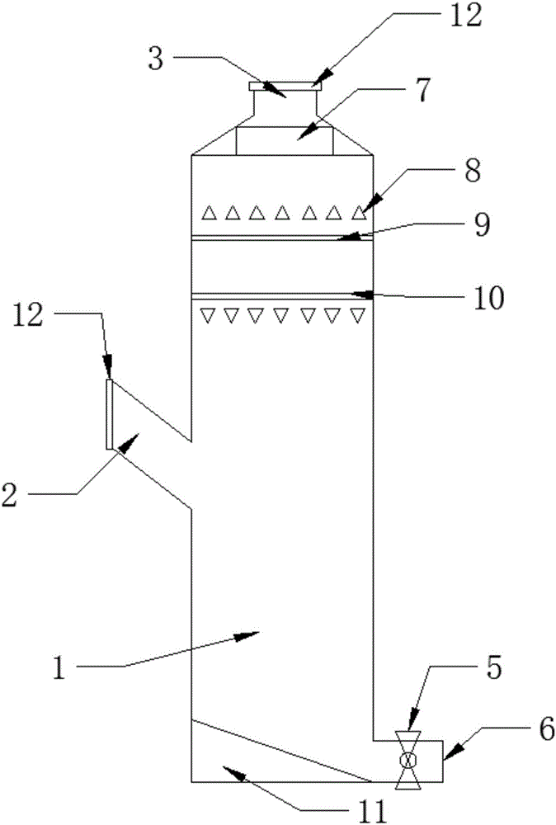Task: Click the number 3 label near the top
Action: pos(156,59)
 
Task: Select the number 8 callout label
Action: pos(473,171)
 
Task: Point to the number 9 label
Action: pos(482,226)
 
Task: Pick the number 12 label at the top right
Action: pos(465,15)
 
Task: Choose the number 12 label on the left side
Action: pos(27,316)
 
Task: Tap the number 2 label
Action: pos(9,494)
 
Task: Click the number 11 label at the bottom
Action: pos(371,811)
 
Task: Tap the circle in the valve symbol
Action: pos(408,760)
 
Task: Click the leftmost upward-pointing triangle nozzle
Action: pos(210,213)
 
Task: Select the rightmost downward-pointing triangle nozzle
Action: pos(358,315)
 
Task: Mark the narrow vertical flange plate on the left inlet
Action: pos(110,414)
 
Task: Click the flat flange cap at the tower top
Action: pos(284,86)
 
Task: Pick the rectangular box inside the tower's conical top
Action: pos(284,140)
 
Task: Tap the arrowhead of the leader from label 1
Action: pos(247,635)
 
